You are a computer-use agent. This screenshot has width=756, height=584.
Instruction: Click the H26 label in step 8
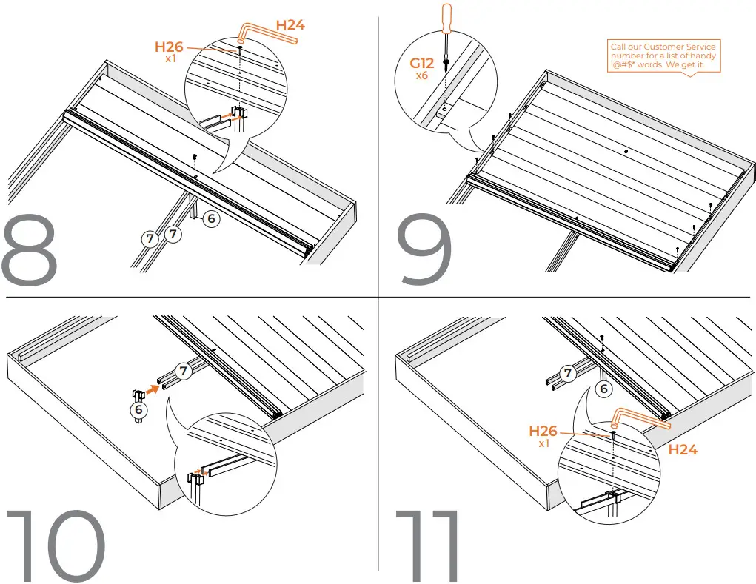[169, 47]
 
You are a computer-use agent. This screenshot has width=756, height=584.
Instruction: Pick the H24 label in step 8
[290, 25]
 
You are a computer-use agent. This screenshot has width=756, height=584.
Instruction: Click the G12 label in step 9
[422, 64]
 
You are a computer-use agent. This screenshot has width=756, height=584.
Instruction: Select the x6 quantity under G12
[422, 75]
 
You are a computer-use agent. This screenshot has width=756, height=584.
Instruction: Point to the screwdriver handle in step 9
[446, 18]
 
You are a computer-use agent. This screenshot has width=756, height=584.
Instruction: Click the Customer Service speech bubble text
[663, 56]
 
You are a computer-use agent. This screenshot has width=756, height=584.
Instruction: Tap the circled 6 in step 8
[211, 219]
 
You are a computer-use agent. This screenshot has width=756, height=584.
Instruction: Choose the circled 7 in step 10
[182, 369]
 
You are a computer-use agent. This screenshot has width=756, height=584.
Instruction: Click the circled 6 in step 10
[138, 409]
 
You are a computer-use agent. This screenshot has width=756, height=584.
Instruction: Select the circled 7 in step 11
[567, 373]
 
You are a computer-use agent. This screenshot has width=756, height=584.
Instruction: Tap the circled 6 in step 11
[604, 389]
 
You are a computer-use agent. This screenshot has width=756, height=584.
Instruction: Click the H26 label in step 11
[543, 432]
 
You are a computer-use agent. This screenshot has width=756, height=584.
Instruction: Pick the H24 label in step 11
[683, 449]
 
